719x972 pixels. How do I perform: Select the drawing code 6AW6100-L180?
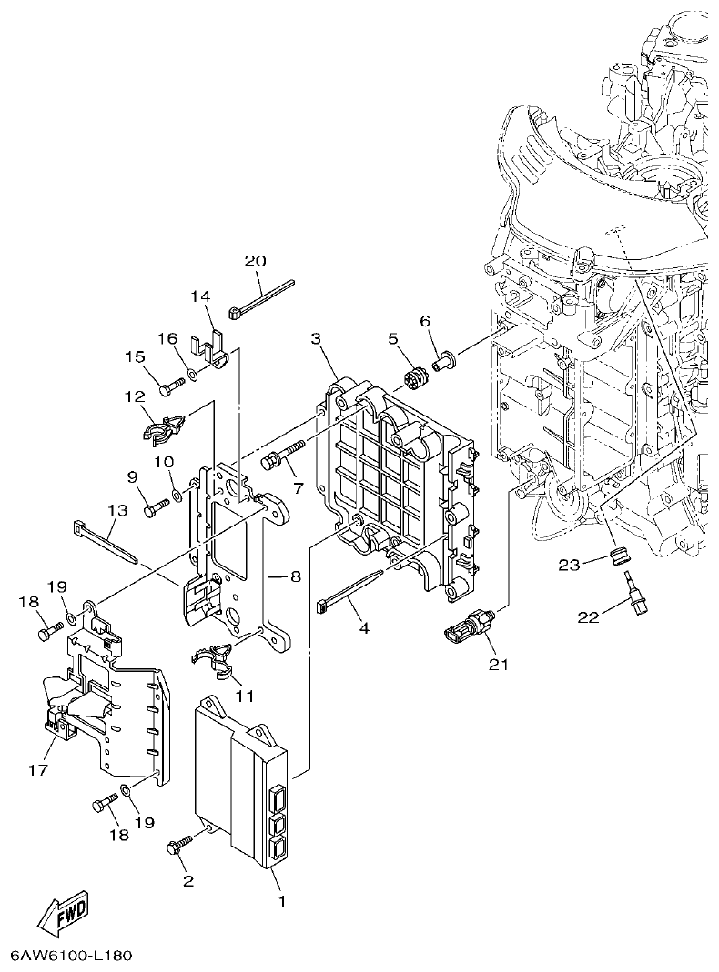[72, 957]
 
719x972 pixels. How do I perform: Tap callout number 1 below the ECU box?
[282, 901]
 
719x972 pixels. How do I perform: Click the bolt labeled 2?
[178, 847]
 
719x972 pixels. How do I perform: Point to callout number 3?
[316, 339]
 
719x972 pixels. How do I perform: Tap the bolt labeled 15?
[171, 387]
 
